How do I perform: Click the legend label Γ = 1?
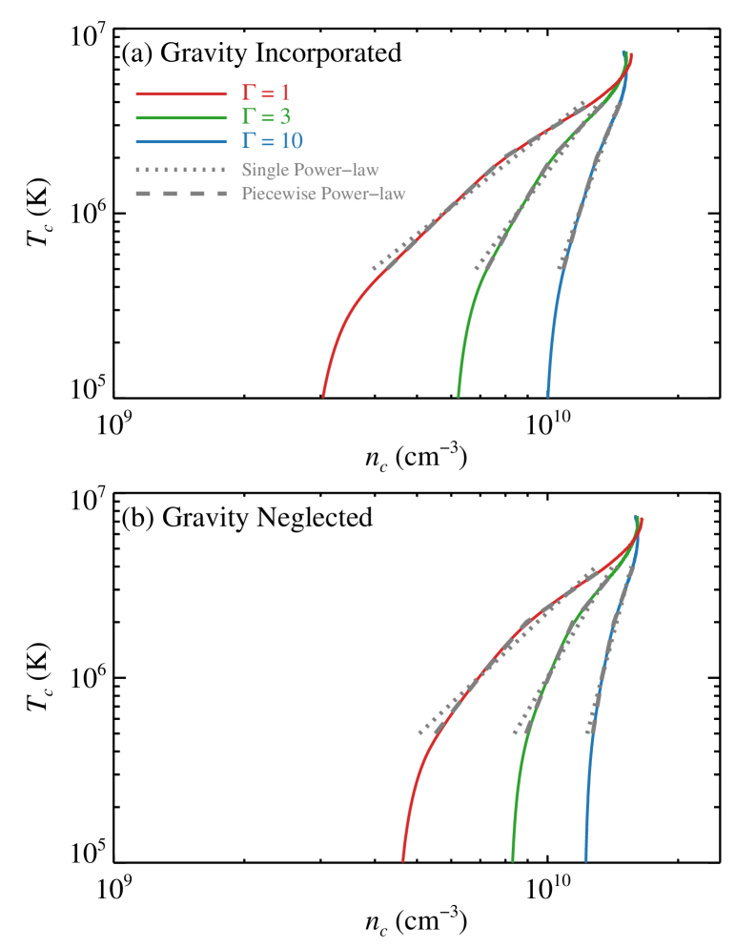pyautogui.click(x=265, y=93)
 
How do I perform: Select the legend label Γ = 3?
pyautogui.click(x=265, y=117)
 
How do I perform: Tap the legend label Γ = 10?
pyautogui.click(x=272, y=141)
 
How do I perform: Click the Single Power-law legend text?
pyautogui.click(x=310, y=170)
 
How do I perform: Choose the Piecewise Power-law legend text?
pyautogui.click(x=323, y=194)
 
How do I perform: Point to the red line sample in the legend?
pyautogui.click(x=181, y=94)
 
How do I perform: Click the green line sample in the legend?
pyautogui.click(x=181, y=118)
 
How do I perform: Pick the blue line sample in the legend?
pyautogui.click(x=181, y=142)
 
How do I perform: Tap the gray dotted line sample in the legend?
pyautogui.click(x=181, y=171)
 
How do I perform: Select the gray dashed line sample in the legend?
pyautogui.click(x=181, y=195)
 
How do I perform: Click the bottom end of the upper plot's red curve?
pyautogui.click(x=323, y=395)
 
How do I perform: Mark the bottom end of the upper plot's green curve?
pyautogui.click(x=459, y=395)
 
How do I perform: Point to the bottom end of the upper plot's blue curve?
pyautogui.click(x=548, y=395)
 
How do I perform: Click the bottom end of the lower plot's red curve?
pyautogui.click(x=402, y=860)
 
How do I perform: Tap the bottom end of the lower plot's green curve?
pyautogui.click(x=513, y=860)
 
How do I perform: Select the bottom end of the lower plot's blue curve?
pyautogui.click(x=585, y=860)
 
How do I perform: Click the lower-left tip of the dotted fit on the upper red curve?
pyautogui.click(x=373, y=270)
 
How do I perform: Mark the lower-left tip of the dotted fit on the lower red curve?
pyautogui.click(x=419, y=733)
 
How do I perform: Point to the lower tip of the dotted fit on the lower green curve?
pyautogui.click(x=514, y=733)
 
